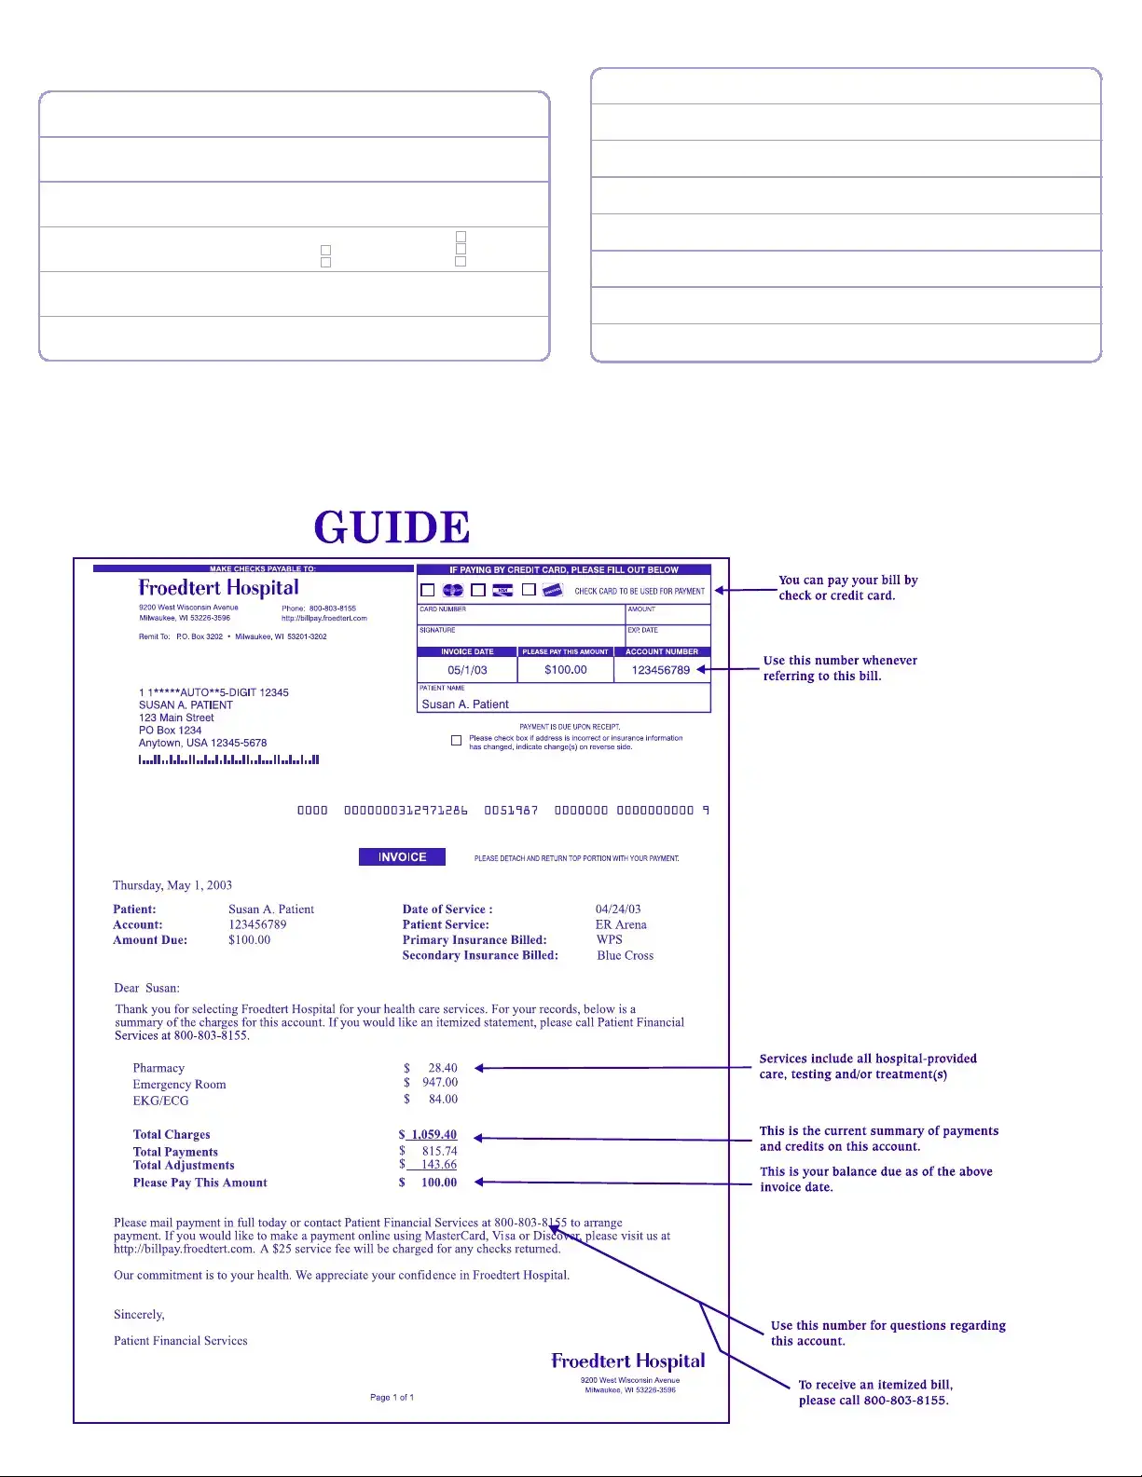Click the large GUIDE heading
pos(392,527)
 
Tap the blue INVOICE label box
pos(402,857)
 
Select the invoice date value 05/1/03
pos(467,670)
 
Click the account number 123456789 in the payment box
pos(661,670)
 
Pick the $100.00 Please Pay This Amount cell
pos(566,670)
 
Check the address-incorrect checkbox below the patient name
pos(456,741)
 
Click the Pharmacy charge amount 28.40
pos(442,1068)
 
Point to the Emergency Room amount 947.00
pos(439,1083)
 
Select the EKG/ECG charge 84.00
pos(443,1100)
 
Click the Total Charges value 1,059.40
pos(433,1135)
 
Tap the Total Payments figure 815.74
pos(439,1152)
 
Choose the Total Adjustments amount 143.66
pos(438,1165)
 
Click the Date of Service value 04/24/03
pos(618,909)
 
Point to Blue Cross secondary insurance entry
pos(625,956)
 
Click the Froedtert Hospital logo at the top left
pos(219,588)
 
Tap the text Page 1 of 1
pos(392,1398)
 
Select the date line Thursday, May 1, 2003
pos(172,885)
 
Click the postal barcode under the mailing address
pos(228,759)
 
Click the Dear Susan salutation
pos(146,989)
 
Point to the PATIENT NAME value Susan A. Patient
pos(465,704)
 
